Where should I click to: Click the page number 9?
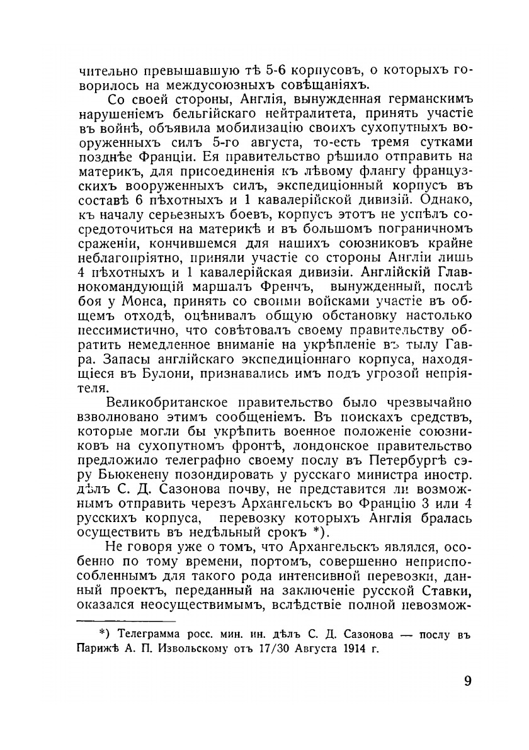tap(467, 682)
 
